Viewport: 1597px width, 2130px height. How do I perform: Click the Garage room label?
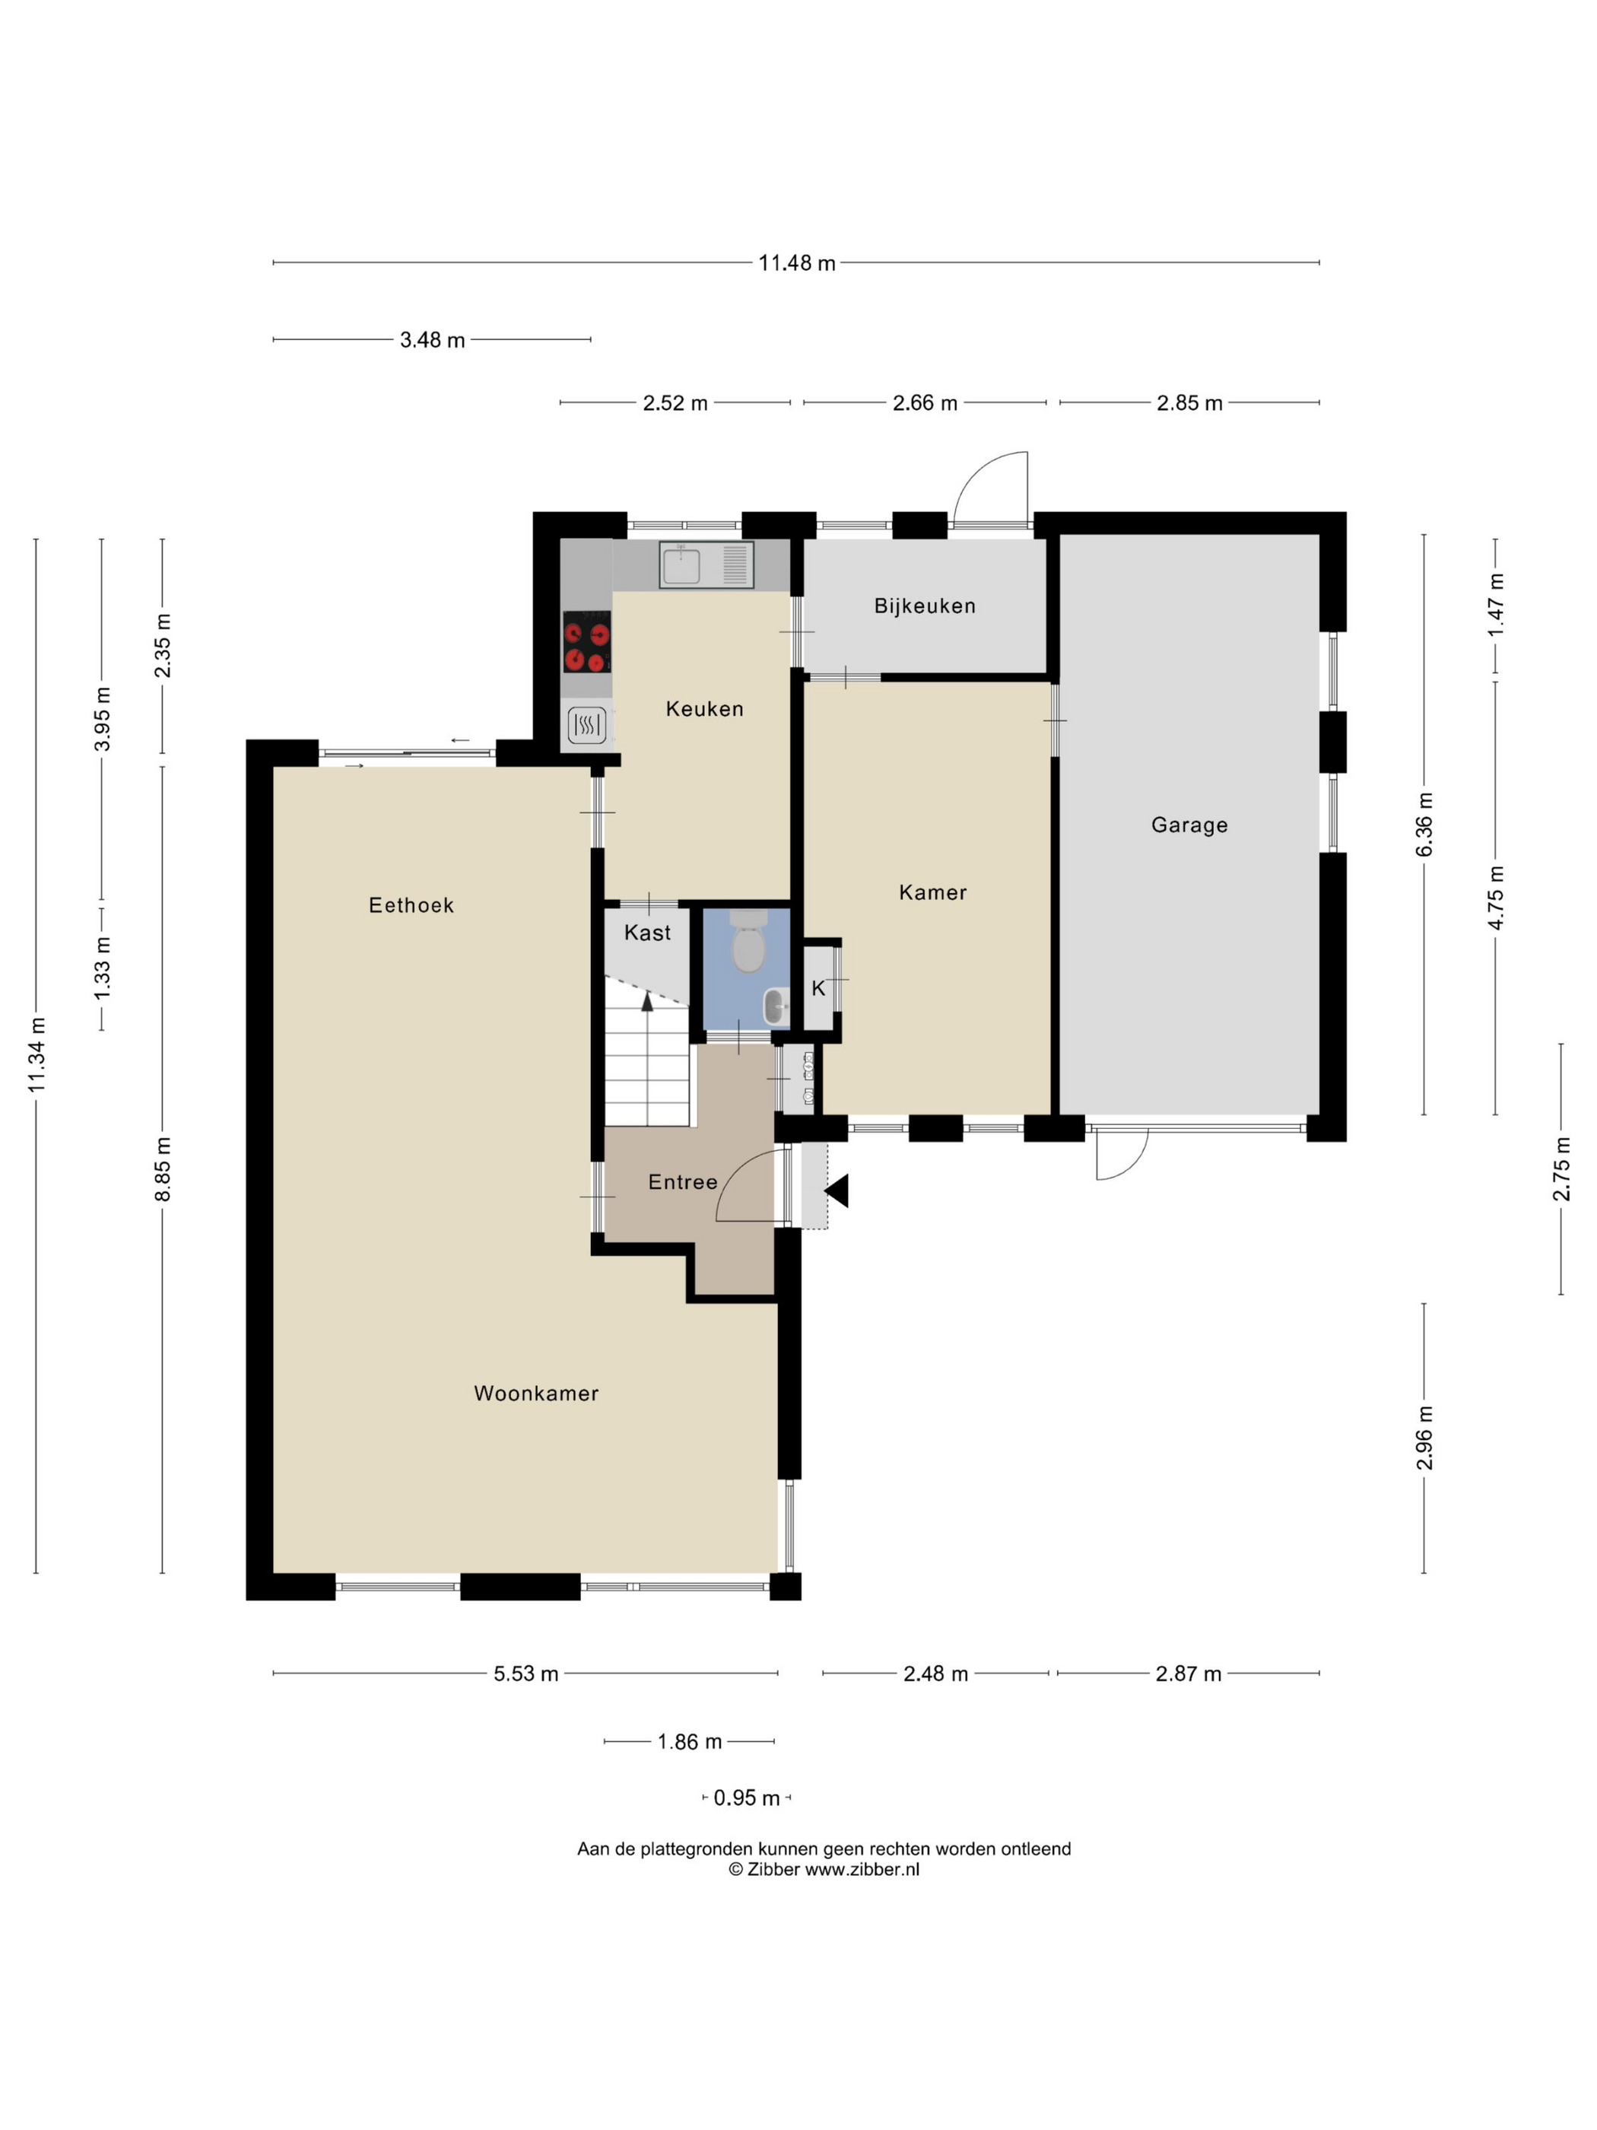pos(1189,825)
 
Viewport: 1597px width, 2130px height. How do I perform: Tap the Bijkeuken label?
pos(924,606)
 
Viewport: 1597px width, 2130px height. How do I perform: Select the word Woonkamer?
pos(536,1394)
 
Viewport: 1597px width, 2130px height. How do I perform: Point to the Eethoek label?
pos(411,905)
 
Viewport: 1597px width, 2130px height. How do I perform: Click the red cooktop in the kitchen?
pos(586,642)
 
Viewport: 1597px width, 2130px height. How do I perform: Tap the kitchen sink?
pos(681,565)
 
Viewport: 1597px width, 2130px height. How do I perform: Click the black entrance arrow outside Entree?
pos(837,1191)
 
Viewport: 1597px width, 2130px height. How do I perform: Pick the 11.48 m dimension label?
pos(796,263)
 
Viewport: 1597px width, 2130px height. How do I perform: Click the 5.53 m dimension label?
pos(525,1674)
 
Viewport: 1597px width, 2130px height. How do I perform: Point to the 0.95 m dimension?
pos(746,1798)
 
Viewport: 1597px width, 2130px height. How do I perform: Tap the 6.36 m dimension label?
pos(1424,825)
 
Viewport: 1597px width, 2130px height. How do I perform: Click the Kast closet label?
pos(647,932)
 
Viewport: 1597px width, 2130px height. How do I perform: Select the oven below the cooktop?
pos(586,725)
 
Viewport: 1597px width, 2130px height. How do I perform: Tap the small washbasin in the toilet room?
pos(775,1007)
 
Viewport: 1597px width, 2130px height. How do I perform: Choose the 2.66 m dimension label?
pos(924,403)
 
